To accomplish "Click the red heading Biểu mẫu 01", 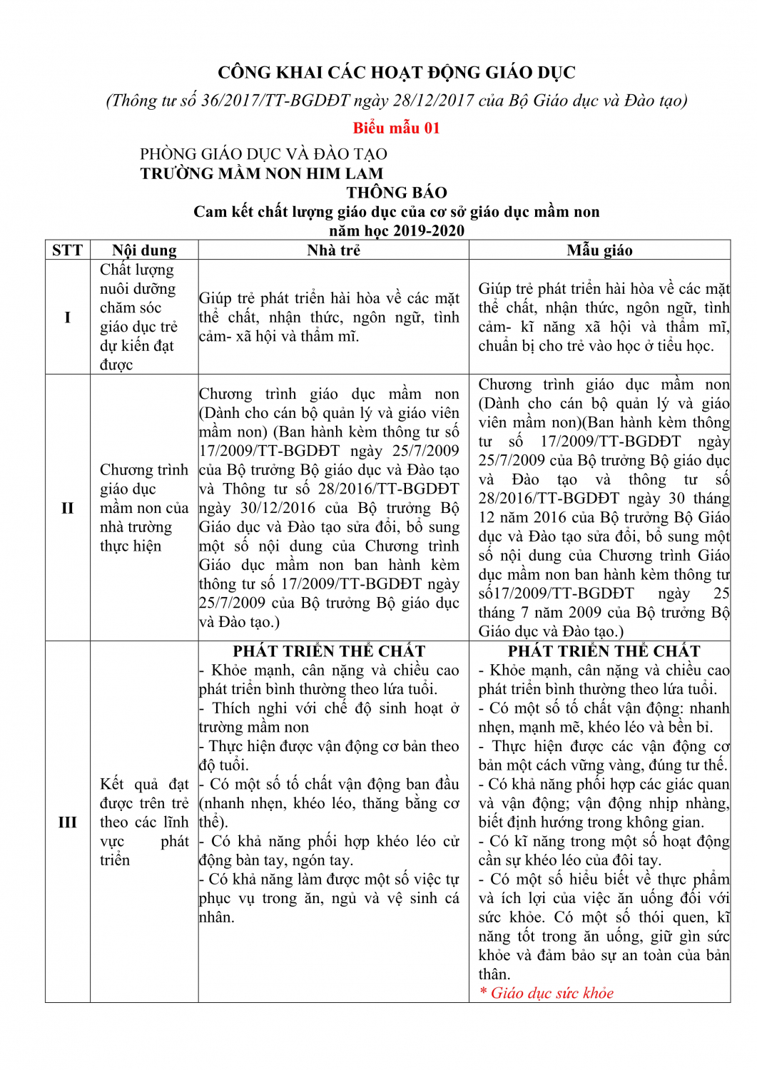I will [x=396, y=128].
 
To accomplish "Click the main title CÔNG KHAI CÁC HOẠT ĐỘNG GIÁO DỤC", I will [x=396, y=73].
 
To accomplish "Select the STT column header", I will [x=67, y=250].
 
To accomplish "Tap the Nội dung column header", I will [x=144, y=250].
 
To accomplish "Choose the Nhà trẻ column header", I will [x=333, y=250].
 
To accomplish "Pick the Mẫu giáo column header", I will [x=599, y=250].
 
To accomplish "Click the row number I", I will [x=67, y=317].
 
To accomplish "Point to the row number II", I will [x=67, y=508].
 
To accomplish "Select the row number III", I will [x=67, y=822].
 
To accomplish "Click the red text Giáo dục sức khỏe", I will [x=552, y=993].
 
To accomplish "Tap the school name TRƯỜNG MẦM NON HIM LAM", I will [x=262, y=173].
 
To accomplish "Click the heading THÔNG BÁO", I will [x=397, y=193].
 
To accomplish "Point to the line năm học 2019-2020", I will [x=397, y=230].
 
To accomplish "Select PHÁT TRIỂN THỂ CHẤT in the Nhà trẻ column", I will [x=329, y=651].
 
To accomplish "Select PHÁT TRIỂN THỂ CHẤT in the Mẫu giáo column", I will [x=604, y=651].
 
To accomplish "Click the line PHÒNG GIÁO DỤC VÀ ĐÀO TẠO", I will [x=263, y=154].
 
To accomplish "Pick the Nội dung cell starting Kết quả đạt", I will [x=144, y=822].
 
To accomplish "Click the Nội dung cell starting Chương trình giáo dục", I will [x=144, y=508].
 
